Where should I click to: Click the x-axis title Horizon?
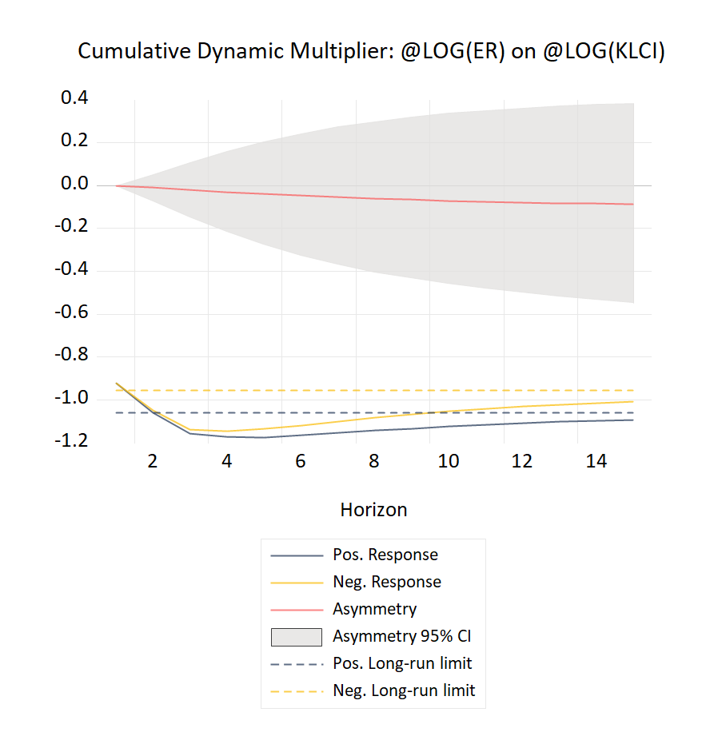tap(373, 510)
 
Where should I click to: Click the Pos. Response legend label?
tap(385, 555)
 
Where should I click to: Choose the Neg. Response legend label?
tap(386, 582)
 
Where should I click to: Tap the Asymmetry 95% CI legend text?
tap(408, 636)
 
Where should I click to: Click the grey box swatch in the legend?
tap(296, 636)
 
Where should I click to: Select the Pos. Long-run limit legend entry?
tap(402, 663)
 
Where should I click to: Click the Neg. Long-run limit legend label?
tap(404, 690)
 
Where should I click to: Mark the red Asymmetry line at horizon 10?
tap(449, 201)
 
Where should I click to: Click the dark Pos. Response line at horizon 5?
tap(263, 437)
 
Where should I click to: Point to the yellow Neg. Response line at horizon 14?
tap(596, 404)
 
